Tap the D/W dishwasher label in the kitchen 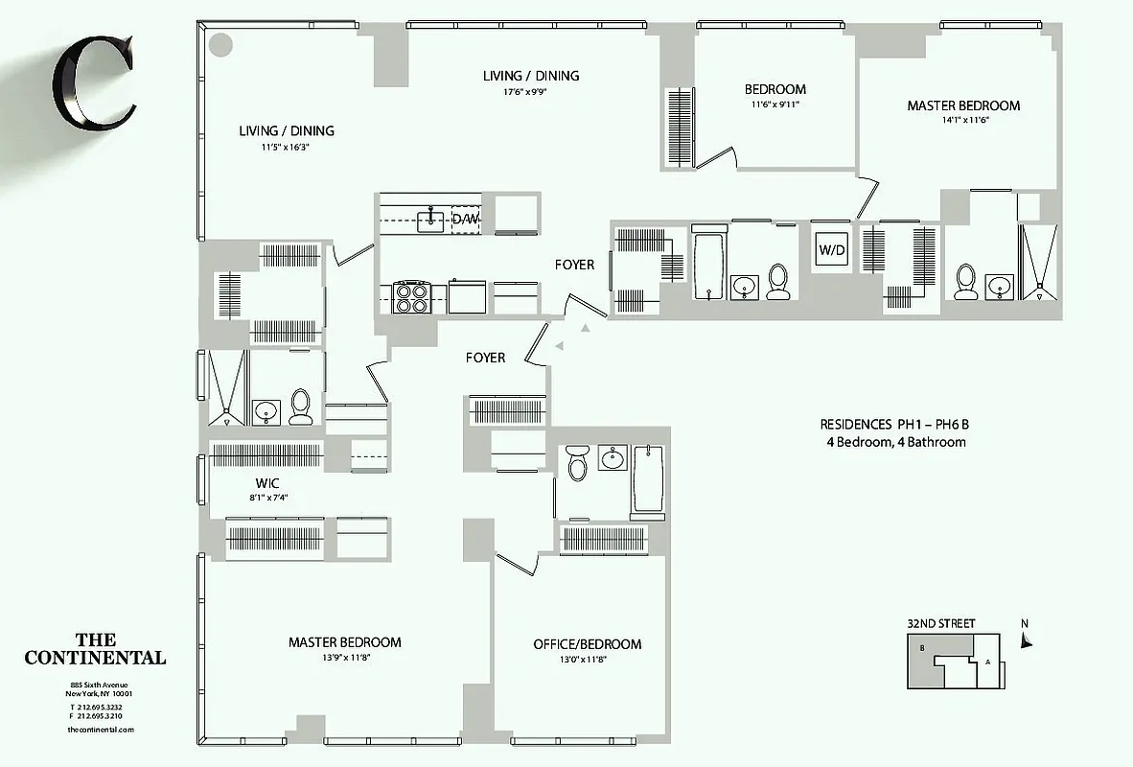[465, 220]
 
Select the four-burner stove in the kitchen [411, 296]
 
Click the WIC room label [266, 482]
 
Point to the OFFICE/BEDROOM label [587, 644]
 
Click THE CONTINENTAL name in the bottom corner [95, 649]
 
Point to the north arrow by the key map [1027, 640]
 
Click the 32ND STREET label [940, 624]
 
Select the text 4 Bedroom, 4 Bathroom [895, 442]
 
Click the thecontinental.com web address [101, 730]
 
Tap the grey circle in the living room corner [221, 44]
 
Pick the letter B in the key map [921, 648]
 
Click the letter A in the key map [986, 662]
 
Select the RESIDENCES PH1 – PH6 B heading [900, 425]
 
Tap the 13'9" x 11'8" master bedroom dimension [345, 658]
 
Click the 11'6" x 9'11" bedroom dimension [775, 105]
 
